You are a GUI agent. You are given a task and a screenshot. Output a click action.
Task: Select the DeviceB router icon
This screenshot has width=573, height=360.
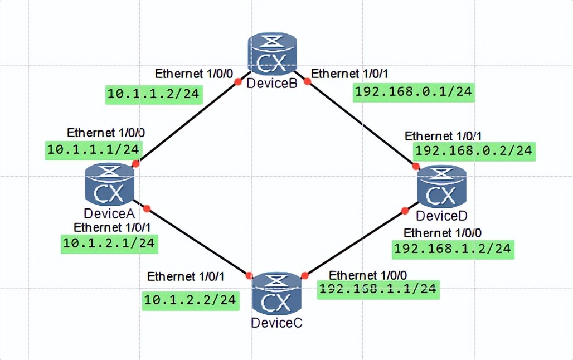(x=273, y=55)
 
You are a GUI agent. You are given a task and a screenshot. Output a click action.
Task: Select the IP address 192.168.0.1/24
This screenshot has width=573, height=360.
(x=414, y=91)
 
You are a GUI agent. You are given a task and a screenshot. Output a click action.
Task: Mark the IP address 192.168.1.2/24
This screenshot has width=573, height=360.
(x=452, y=249)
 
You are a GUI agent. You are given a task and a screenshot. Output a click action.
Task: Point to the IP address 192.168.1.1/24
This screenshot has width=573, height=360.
(x=378, y=289)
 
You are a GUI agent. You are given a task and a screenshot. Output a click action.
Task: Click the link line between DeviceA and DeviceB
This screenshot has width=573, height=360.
(x=186, y=123)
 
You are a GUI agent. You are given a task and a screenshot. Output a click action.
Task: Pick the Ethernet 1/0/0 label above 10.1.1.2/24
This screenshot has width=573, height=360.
(x=192, y=74)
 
